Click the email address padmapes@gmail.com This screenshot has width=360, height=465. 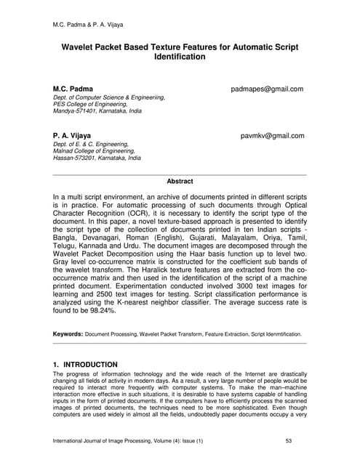(x=266, y=89)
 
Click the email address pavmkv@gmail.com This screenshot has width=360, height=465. (x=272, y=136)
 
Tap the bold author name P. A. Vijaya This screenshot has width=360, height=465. (x=72, y=136)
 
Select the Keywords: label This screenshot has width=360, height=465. (x=68, y=334)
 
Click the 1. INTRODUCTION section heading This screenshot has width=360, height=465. (x=85, y=364)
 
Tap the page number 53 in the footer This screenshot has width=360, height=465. (x=291, y=441)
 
